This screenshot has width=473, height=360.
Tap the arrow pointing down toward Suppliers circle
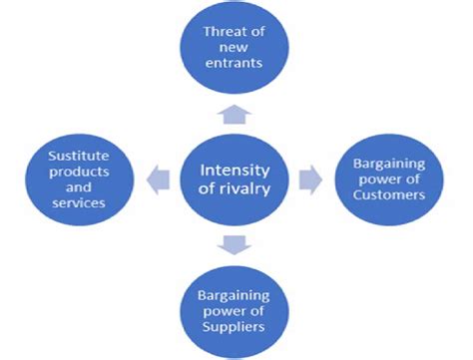(x=236, y=244)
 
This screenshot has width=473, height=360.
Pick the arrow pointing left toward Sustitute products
(x=158, y=179)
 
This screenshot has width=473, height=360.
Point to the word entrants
(x=237, y=62)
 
